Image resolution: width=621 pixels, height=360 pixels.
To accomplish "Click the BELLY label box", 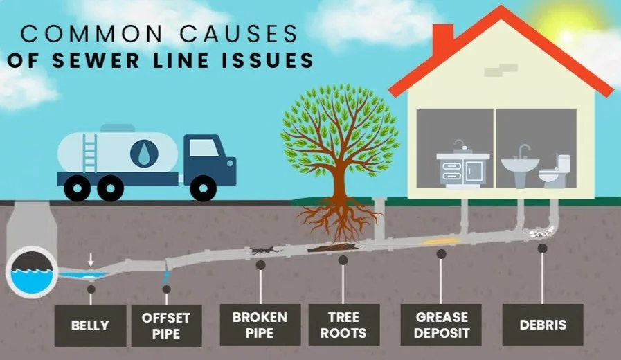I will tap(91, 325).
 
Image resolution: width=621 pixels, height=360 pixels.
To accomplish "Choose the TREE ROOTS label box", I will tap(344, 325).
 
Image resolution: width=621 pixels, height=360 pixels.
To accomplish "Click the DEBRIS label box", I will tap(543, 325).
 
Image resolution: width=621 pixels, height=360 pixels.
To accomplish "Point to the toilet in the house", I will tap(555, 172).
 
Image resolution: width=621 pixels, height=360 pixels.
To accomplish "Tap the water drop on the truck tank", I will tap(143, 154).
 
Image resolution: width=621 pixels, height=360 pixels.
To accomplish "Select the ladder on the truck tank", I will tap(89, 151).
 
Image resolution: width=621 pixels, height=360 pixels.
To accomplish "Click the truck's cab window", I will tap(203, 148).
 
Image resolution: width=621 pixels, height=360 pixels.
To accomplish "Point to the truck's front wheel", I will tap(203, 187).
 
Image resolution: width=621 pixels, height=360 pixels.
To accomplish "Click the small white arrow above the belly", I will tap(91, 259).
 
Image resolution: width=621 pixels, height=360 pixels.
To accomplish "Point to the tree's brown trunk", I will tap(339, 183).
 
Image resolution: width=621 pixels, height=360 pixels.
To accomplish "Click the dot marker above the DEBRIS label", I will tap(542, 248).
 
